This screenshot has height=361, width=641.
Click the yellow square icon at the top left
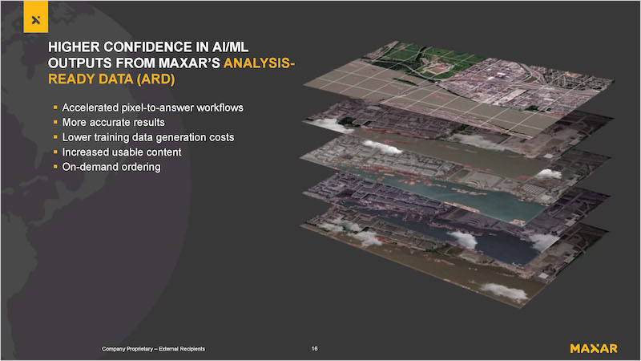coord(35,16)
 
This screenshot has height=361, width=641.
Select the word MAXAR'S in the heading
coord(189,63)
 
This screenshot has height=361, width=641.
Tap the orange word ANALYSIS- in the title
coord(259,63)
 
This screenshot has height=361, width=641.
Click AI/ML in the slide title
coord(230,47)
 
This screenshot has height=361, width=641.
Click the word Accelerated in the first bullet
coord(91,107)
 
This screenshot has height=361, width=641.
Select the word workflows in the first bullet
coord(220,107)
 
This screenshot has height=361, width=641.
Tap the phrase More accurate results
coord(113,123)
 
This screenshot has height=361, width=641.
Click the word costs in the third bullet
coord(222,137)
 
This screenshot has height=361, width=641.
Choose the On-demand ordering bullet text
coord(111,167)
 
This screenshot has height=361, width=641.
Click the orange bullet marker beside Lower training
coord(55,137)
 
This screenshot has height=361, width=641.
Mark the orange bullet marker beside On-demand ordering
coord(55,167)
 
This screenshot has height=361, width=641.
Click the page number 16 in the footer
coord(314,349)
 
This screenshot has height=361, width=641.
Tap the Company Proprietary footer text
coord(153,349)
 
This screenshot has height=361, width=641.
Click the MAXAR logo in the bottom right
coord(594,348)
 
